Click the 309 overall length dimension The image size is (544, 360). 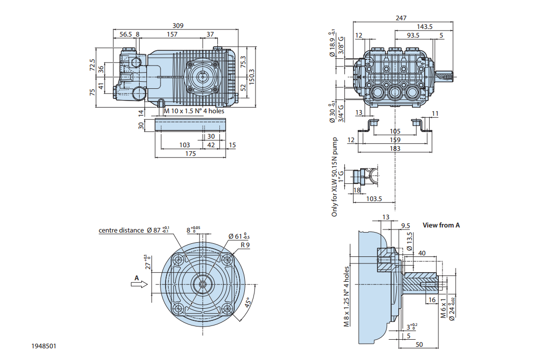click(x=177, y=26)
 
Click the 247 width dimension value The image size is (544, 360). click(x=401, y=18)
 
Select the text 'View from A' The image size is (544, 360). click(x=441, y=225)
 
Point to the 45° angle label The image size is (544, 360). click(x=247, y=303)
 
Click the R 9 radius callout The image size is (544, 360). click(x=245, y=245)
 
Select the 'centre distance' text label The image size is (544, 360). click(x=121, y=230)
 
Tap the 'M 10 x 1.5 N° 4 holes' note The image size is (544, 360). click(x=194, y=111)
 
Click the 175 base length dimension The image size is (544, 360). click(x=190, y=153)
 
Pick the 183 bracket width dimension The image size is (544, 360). click(x=395, y=148)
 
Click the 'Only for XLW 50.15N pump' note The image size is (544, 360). click(x=335, y=177)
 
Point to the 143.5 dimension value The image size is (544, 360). click(x=425, y=26)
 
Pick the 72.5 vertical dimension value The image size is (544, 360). click(x=92, y=64)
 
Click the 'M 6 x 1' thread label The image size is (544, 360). click(x=443, y=308)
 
